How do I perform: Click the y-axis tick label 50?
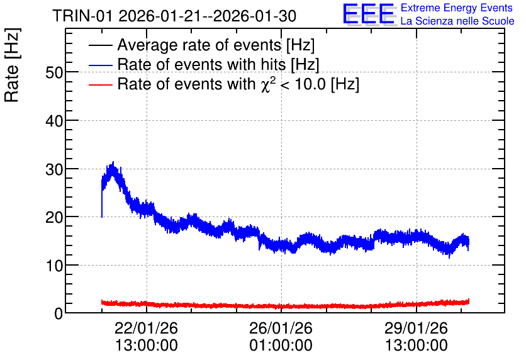pyautogui.click(x=54, y=72)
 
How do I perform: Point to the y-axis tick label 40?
pyautogui.click(x=54, y=121)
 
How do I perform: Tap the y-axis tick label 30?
pyautogui.click(x=54, y=169)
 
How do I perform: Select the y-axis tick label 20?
pyautogui.click(x=54, y=218)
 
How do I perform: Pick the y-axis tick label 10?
pyautogui.click(x=54, y=266)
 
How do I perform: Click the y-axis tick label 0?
pyautogui.click(x=59, y=314)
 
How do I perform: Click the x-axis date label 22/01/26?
pyautogui.click(x=146, y=328)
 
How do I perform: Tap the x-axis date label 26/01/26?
pyautogui.click(x=281, y=328)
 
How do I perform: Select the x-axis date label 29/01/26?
pyautogui.click(x=416, y=328)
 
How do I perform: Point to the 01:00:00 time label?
pyautogui.click(x=281, y=346)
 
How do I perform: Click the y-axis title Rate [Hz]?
pyautogui.click(x=12, y=65)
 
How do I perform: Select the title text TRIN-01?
pyautogui.click(x=82, y=16)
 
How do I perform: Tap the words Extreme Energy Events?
pyautogui.click(x=457, y=8)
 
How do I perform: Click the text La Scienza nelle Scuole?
pyautogui.click(x=457, y=21)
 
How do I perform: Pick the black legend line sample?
pyautogui.click(x=100, y=45)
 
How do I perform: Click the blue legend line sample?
pyautogui.click(x=100, y=65)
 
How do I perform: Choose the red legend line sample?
pyautogui.click(x=100, y=84)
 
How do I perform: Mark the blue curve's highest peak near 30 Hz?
pyautogui.click(x=113, y=162)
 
